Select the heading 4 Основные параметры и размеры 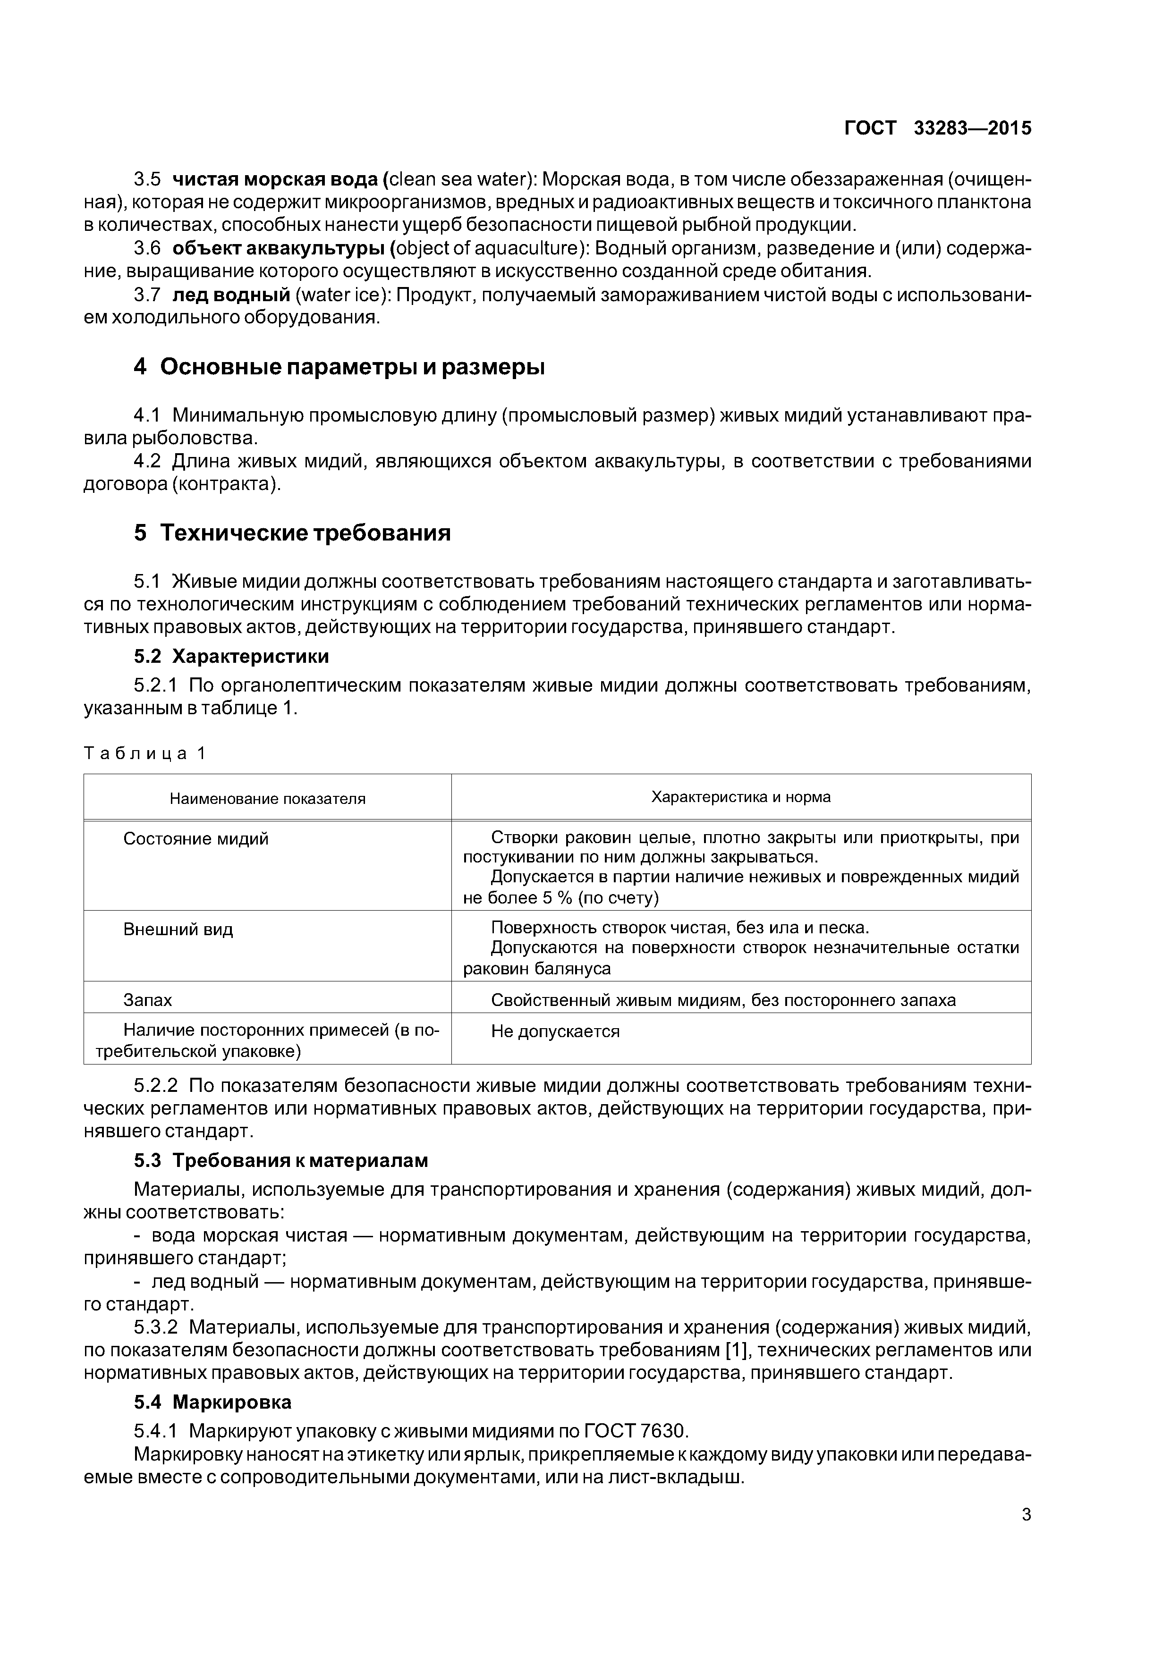(x=339, y=367)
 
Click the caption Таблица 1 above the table (x=145, y=754)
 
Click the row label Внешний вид (x=178, y=929)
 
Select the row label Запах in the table (x=147, y=1000)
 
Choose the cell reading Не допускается (x=555, y=1031)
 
